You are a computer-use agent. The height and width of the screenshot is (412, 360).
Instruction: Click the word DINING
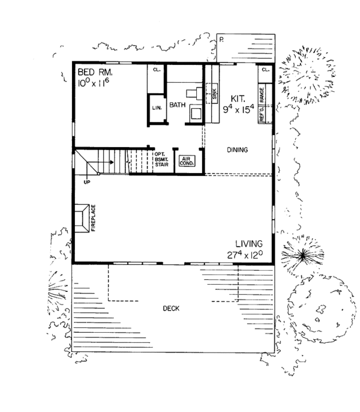238,150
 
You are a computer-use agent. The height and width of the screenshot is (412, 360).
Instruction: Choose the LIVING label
249,243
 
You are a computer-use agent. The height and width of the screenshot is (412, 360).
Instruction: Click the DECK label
171,309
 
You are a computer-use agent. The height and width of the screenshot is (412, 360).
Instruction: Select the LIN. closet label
157,108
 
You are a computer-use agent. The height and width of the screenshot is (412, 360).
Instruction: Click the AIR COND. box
184,160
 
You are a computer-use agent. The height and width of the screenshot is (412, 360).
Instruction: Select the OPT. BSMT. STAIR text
161,161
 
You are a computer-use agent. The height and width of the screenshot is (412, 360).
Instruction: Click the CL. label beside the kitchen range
265,70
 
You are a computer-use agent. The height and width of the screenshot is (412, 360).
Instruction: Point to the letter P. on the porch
221,38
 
